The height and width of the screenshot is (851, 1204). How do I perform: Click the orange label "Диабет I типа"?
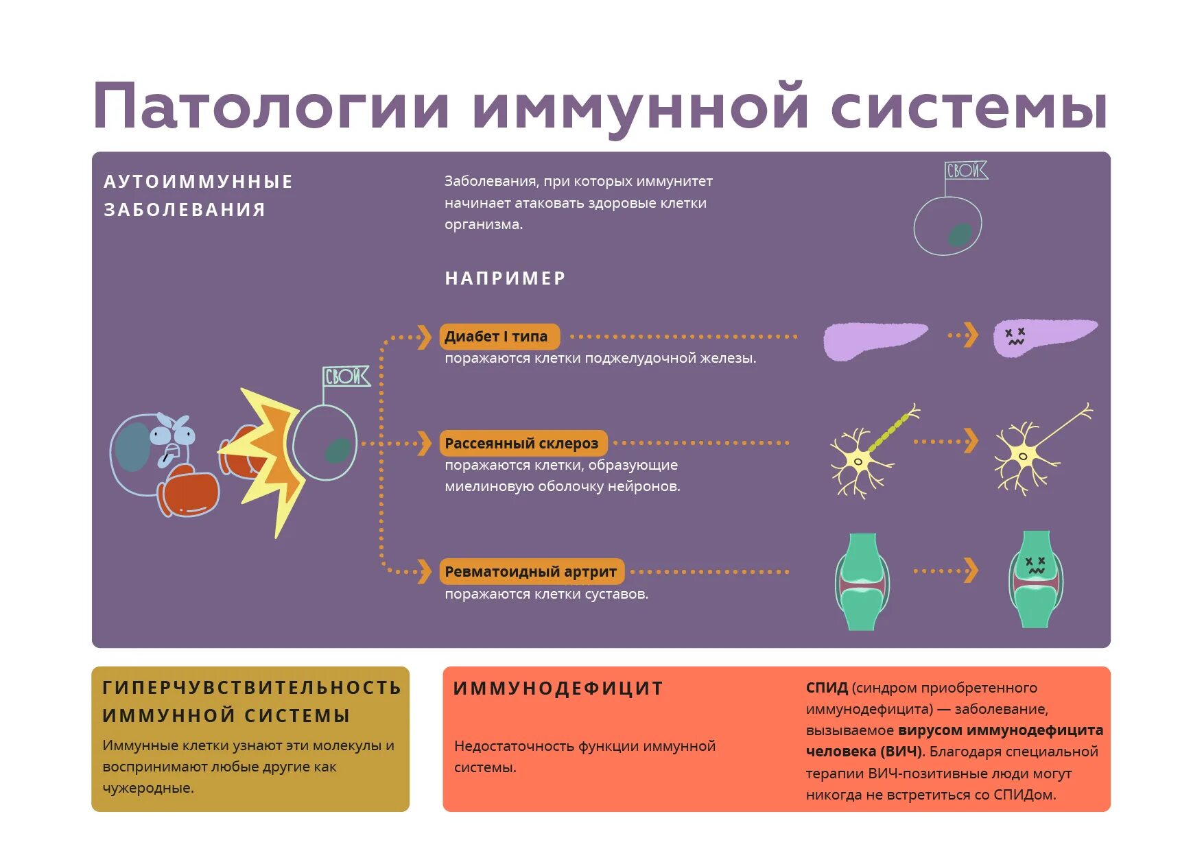click(499, 337)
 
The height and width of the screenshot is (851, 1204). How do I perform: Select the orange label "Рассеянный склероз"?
click(523, 444)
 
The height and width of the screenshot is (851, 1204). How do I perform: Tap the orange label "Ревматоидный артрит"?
click(531, 571)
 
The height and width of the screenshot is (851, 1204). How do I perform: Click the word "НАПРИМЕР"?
click(505, 278)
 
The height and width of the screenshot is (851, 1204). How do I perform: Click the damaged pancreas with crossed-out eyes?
click(1043, 336)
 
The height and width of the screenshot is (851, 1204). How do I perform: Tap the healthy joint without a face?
click(862, 582)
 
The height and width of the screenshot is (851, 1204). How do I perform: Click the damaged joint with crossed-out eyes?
click(1035, 580)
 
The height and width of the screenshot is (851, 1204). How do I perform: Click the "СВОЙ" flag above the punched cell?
click(346, 376)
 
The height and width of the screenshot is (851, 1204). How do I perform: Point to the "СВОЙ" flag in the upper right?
click(966, 170)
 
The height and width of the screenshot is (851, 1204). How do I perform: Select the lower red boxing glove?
click(189, 491)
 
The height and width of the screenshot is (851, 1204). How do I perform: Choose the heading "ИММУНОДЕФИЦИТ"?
click(558, 688)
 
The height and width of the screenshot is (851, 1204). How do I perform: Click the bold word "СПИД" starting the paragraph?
click(827, 688)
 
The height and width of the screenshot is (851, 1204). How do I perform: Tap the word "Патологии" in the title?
click(271, 107)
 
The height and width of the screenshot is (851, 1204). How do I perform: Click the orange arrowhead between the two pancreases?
click(970, 335)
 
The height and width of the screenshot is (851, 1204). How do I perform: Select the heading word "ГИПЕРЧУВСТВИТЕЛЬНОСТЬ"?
click(252, 688)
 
